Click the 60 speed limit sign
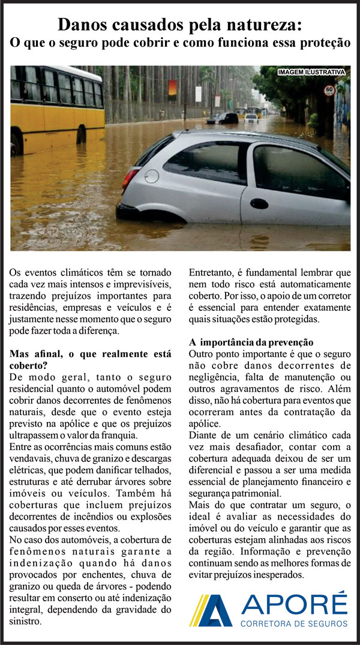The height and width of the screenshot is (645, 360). [329, 91]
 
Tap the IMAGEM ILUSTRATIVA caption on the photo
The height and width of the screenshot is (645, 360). [311, 73]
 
